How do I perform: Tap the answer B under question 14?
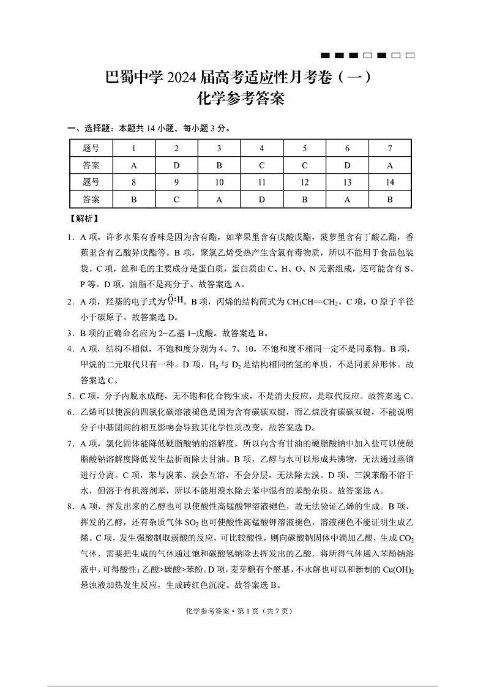pos(390,199)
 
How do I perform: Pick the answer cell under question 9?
pos(176,199)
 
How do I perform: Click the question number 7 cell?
pos(390,149)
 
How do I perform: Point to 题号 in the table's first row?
pos(91,149)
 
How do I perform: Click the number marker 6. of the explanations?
pos(72,412)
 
